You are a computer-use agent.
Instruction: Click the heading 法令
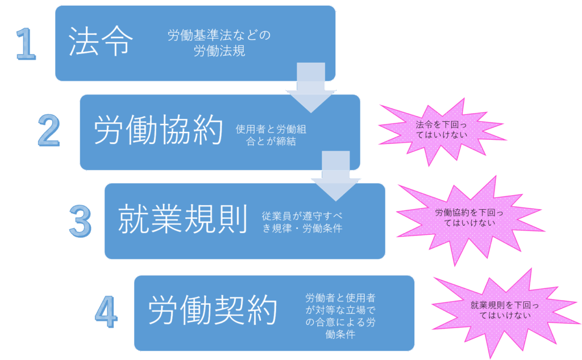point(101,42)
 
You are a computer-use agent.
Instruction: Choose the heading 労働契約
point(213,311)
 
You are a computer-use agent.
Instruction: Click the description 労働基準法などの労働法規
point(219,43)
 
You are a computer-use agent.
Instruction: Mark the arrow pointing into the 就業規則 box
point(336,175)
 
